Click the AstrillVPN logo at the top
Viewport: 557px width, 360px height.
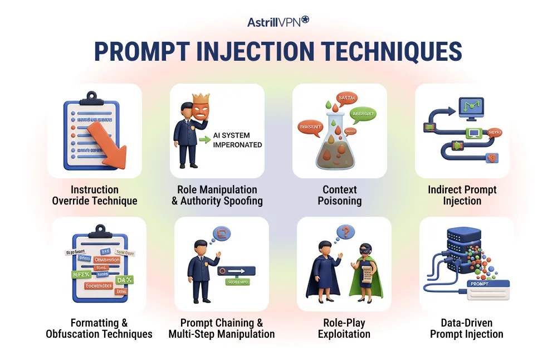pyautogui.click(x=278, y=21)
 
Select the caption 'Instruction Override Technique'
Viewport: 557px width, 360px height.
pyautogui.click(x=95, y=196)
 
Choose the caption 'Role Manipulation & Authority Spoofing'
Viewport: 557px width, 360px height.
pyautogui.click(x=217, y=196)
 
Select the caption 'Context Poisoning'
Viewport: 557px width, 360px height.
pyautogui.click(x=340, y=196)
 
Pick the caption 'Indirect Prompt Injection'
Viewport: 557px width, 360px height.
pyautogui.click(x=462, y=196)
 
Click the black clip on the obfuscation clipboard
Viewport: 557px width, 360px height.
pyautogui.click(x=100, y=230)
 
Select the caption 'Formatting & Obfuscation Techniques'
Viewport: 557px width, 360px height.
pyautogui.click(x=99, y=328)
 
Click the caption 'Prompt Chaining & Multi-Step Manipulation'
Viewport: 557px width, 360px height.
pyautogui.click(x=222, y=328)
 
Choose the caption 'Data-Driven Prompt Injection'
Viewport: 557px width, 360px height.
pyautogui.click(x=467, y=328)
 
